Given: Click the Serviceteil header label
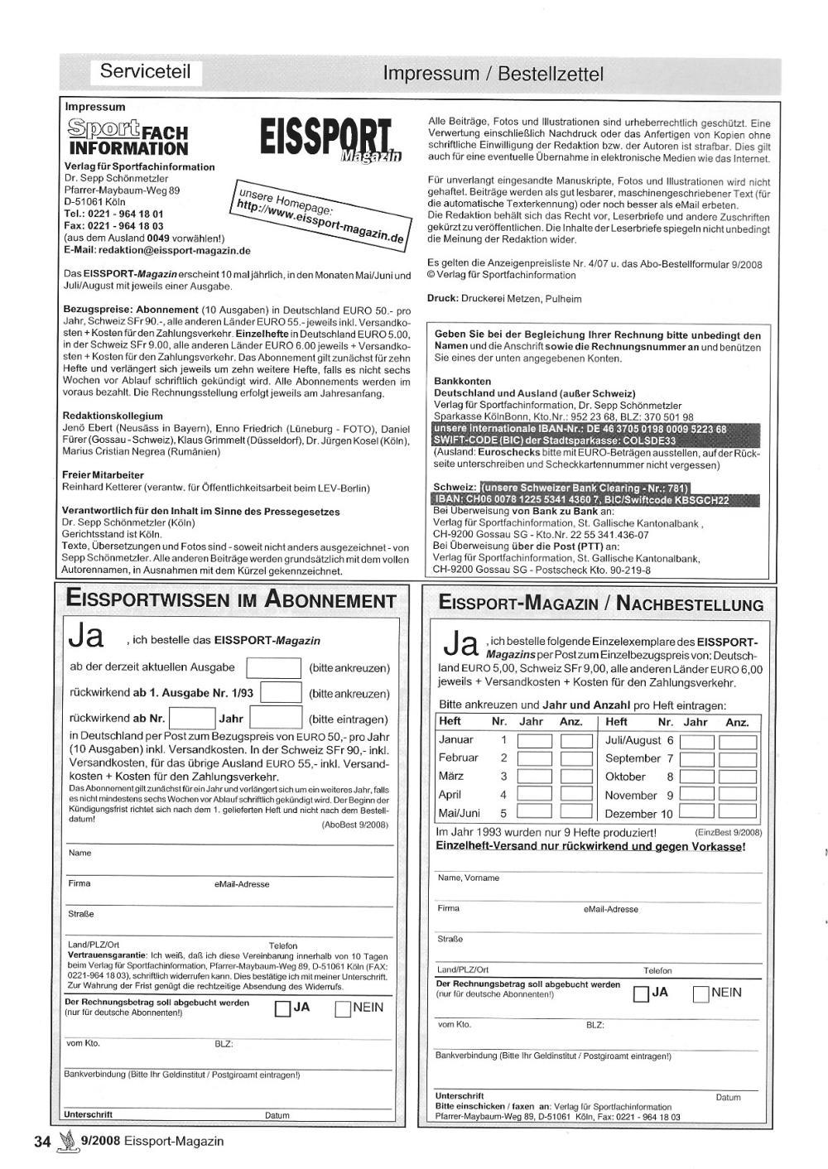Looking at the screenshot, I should [145, 71].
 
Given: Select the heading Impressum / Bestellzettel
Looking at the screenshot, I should [493, 74].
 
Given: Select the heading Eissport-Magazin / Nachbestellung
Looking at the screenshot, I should [601, 604].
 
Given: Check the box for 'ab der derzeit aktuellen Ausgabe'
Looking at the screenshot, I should [274, 667].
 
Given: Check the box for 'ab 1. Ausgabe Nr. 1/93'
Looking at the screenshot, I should [281, 693].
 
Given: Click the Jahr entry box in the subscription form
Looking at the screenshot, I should [275, 718].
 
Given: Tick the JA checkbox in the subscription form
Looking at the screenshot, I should [282, 1009].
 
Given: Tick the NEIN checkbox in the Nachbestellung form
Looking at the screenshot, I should [700, 993].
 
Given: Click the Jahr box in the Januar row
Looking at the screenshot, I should [534, 740].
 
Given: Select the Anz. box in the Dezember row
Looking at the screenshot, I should [737, 813].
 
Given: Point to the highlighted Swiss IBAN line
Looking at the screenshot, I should [580, 500].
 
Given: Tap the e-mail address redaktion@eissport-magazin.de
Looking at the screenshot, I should [174, 250].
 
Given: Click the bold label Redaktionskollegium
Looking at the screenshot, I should [113, 416].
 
